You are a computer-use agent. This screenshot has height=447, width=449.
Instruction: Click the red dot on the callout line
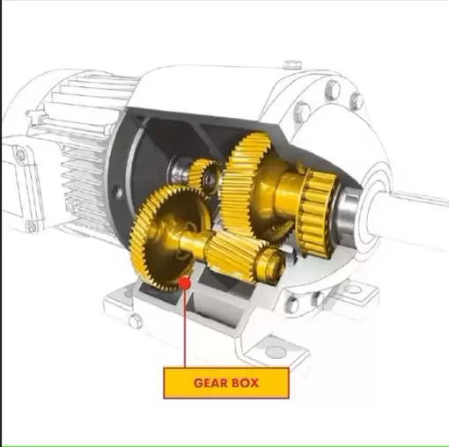(x=185, y=283)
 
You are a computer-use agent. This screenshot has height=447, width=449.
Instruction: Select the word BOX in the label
(x=245, y=383)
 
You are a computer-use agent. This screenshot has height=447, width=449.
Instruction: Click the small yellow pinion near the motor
(x=204, y=176)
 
